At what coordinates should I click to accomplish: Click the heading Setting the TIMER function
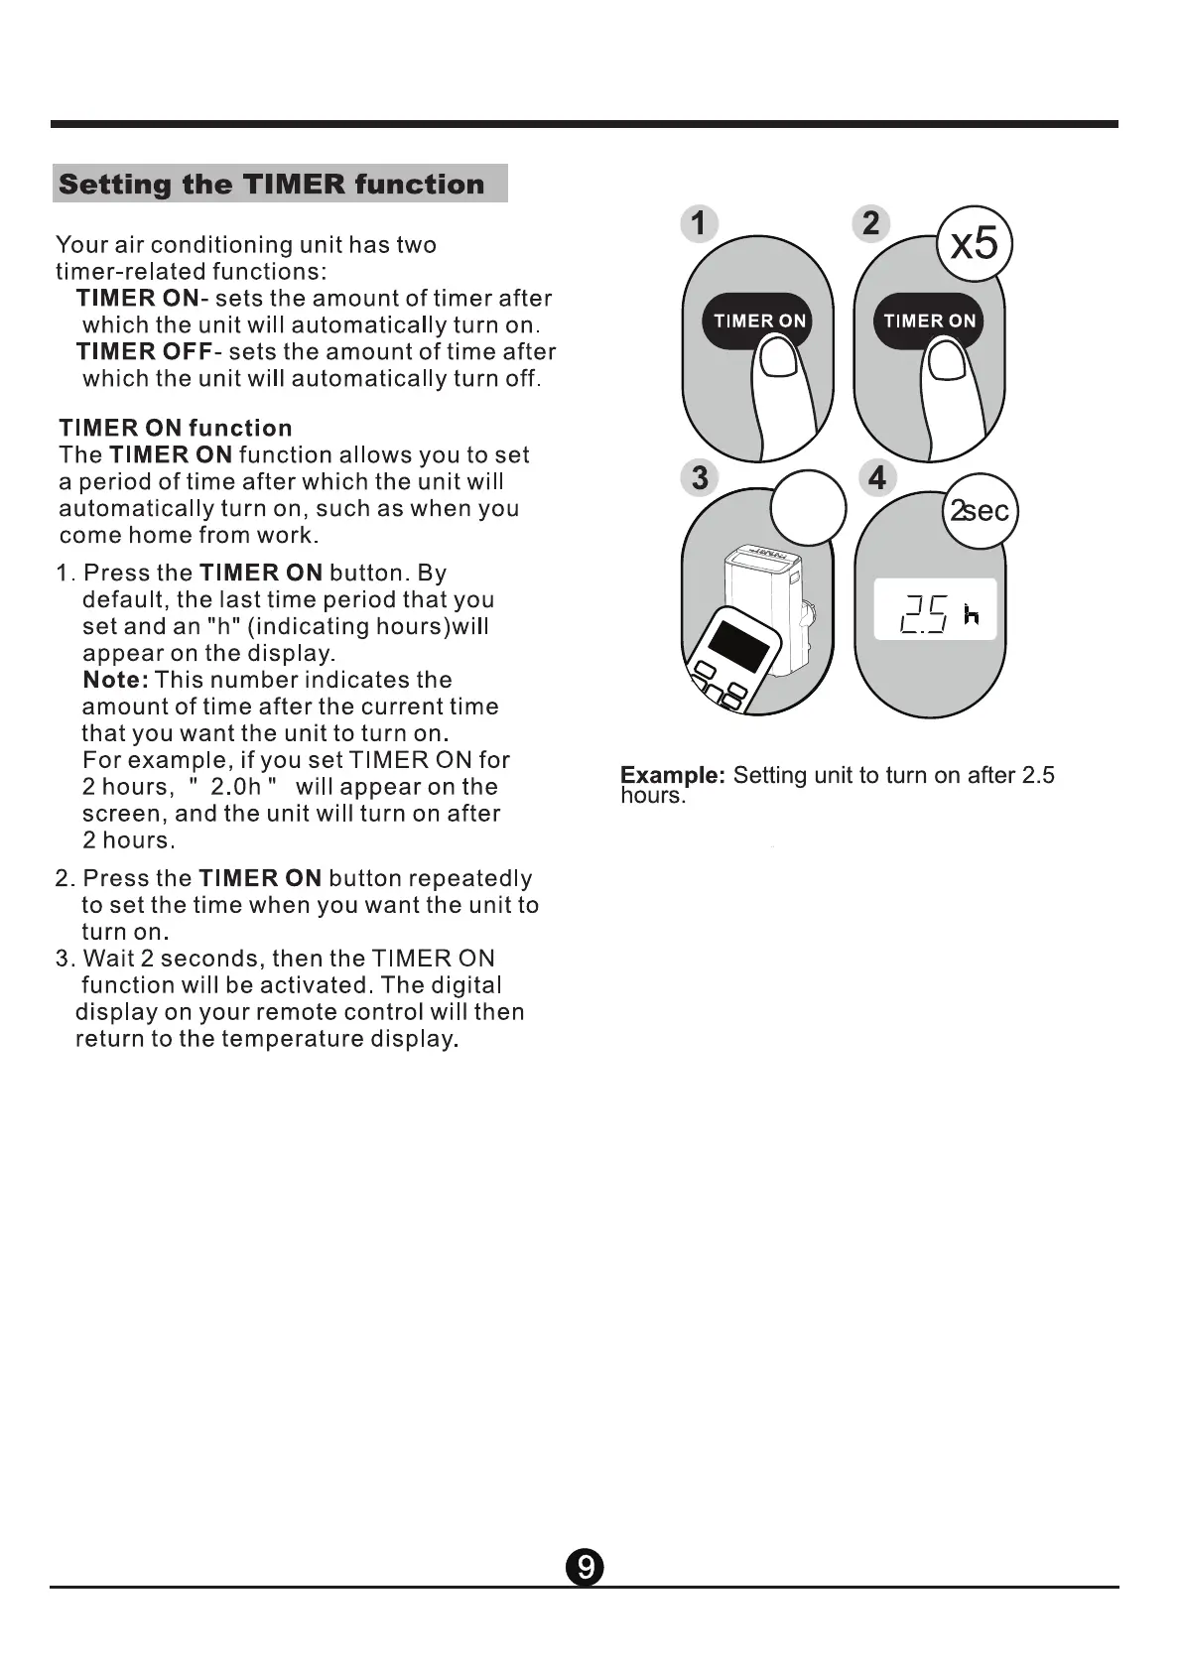(272, 185)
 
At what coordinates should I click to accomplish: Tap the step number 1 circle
(699, 223)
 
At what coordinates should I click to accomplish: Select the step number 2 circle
(871, 223)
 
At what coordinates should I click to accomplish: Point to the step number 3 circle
(700, 477)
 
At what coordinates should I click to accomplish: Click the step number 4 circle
(876, 477)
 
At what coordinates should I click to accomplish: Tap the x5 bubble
(974, 244)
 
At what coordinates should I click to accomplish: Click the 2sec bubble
(980, 511)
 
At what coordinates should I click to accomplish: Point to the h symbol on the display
(972, 616)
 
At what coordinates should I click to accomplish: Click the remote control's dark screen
(731, 642)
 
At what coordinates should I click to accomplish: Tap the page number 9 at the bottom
(585, 1568)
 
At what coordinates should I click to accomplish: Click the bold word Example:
(673, 775)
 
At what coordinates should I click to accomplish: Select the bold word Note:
(115, 680)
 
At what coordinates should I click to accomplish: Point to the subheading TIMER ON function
(176, 428)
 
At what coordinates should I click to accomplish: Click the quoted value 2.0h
(235, 787)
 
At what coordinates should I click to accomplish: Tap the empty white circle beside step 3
(808, 507)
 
